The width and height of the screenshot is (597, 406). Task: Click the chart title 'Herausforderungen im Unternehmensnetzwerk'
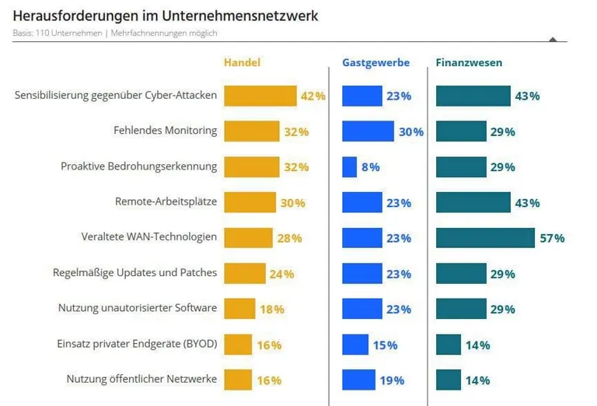click(165, 16)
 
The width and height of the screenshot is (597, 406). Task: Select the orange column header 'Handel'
click(241, 62)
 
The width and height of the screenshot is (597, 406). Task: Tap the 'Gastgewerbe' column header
click(375, 62)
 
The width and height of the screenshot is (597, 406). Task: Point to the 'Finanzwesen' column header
click(469, 62)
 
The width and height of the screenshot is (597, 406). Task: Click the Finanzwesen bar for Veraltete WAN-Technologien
click(485, 238)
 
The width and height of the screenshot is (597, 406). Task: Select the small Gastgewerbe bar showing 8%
click(349, 167)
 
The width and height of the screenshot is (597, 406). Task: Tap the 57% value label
click(552, 238)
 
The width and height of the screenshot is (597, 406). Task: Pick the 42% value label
click(312, 96)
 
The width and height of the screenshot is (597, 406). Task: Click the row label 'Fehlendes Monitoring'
click(165, 131)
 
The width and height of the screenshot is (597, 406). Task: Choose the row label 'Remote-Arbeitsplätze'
click(166, 202)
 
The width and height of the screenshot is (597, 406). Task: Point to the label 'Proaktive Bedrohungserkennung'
click(138, 166)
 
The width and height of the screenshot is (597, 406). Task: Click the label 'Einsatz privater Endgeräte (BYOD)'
click(137, 344)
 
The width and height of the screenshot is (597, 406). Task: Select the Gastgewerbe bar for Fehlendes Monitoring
click(368, 131)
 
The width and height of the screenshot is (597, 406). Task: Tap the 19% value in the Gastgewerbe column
click(393, 380)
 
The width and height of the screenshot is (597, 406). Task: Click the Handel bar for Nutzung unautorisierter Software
click(239, 309)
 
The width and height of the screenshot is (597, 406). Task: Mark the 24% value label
click(281, 274)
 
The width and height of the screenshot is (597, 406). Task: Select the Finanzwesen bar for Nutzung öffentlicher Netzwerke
click(449, 380)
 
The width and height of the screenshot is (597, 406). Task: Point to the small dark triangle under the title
click(553, 38)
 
